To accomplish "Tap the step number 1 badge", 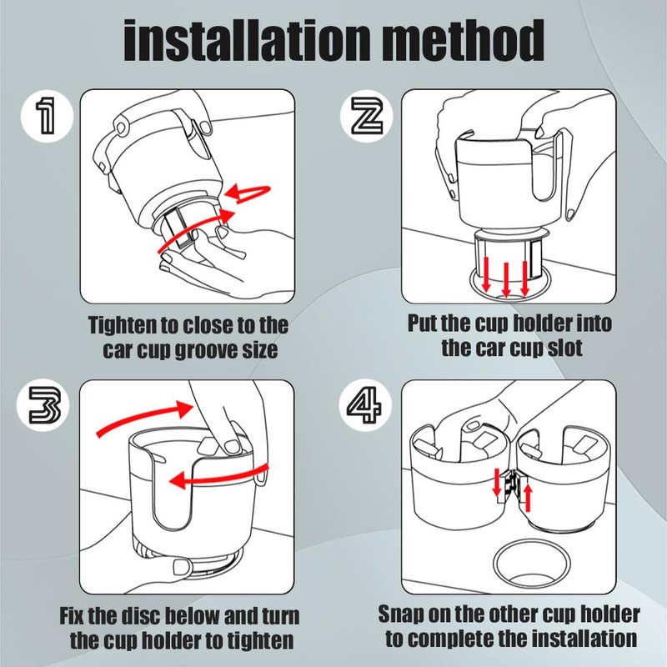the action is coord(47,115).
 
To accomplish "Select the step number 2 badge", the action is coord(366,115).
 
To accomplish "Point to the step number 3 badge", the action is coord(43,405).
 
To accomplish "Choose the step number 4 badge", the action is coord(365,405).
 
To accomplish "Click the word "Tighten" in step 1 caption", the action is coord(122,326).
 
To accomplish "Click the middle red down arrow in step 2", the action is coord(506,280).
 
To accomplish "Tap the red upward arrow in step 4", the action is coord(528,498).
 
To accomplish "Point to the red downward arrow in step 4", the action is coord(496,483).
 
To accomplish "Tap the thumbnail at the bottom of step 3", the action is coord(182,566).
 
